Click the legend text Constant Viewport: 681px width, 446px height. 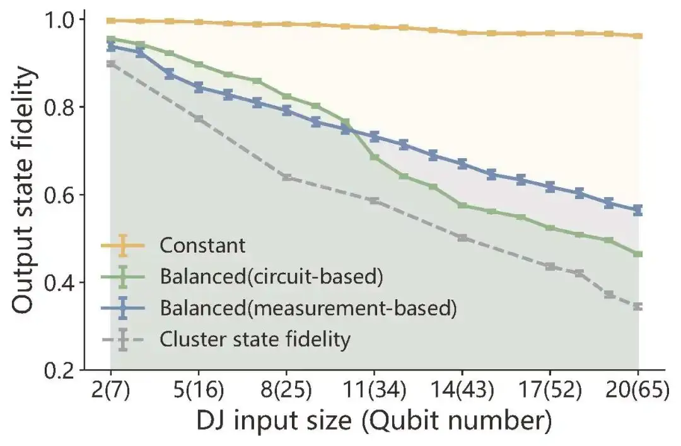(x=202, y=245)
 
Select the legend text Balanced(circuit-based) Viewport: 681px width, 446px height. (x=272, y=277)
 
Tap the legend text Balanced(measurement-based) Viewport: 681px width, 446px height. (x=307, y=308)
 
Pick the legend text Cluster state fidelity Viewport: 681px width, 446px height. (x=255, y=340)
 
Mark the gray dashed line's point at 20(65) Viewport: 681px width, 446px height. (x=638, y=307)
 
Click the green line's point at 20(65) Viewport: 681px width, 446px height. (x=638, y=254)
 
